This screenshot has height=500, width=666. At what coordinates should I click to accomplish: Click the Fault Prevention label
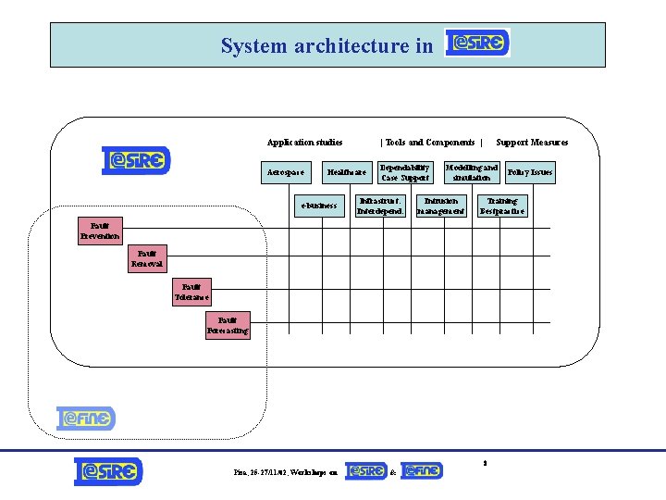click(x=100, y=231)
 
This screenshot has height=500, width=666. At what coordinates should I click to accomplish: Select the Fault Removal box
click(x=147, y=259)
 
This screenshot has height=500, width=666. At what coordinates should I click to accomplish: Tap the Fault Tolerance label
click(x=192, y=294)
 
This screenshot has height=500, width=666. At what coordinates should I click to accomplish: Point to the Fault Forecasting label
click(x=227, y=326)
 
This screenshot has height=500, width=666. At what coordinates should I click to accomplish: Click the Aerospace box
click(x=286, y=172)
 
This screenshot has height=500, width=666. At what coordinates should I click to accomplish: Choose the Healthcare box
click(x=347, y=172)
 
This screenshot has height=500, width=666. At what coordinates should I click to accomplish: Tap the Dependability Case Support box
click(x=405, y=172)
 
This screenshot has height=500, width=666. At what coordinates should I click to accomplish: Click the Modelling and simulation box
click(x=472, y=172)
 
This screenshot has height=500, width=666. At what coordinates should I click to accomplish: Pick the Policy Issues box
click(x=530, y=172)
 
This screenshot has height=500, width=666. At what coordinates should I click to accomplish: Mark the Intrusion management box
click(x=440, y=206)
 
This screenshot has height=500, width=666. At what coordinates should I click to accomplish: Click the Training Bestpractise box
click(x=502, y=206)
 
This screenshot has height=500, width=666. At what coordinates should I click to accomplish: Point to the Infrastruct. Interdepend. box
click(x=380, y=206)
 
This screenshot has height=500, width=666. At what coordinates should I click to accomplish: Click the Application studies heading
click(x=304, y=143)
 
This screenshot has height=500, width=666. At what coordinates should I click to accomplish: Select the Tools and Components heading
click(x=430, y=143)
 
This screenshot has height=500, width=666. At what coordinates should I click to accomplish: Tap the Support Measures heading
click(x=532, y=143)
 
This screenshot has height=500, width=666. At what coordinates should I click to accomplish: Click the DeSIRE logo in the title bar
click(x=477, y=44)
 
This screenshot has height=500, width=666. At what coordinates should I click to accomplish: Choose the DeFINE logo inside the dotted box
click(x=85, y=419)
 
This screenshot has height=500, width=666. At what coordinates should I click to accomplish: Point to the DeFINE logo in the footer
click(x=422, y=471)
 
